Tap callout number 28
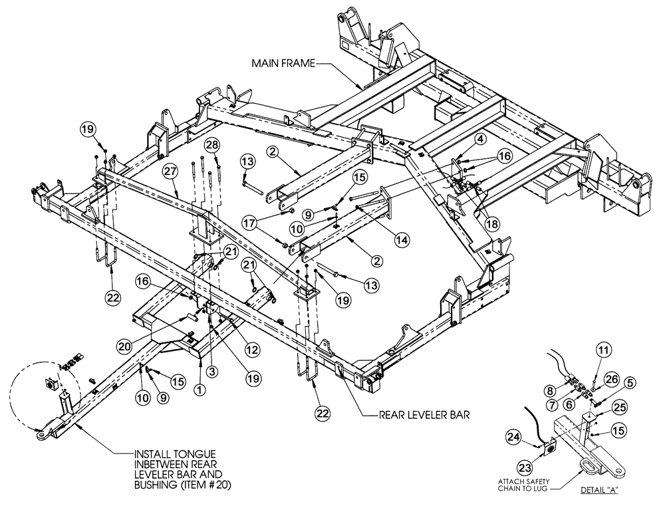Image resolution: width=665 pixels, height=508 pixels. pyautogui.click(x=212, y=145)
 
